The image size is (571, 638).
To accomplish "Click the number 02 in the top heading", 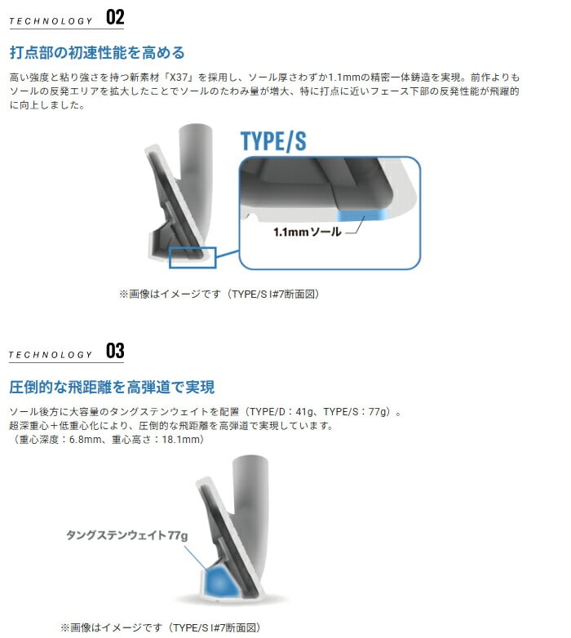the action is click(x=115, y=17).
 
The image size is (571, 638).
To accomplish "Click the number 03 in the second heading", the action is click(x=115, y=351).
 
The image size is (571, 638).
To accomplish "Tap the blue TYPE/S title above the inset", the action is click(x=273, y=141).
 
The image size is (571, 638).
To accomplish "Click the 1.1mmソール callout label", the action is click(x=307, y=232).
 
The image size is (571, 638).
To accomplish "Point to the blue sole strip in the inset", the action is click(x=363, y=215).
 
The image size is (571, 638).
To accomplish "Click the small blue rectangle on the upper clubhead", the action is click(x=193, y=258).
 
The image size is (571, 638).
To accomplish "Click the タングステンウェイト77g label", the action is click(x=127, y=534).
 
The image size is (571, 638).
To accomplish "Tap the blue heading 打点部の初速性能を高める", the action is click(x=97, y=53).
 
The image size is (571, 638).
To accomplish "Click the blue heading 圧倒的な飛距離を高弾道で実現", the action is click(x=112, y=387).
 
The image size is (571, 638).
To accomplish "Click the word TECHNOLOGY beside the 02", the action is click(x=51, y=21).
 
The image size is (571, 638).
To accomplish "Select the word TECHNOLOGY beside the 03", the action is click(x=51, y=355).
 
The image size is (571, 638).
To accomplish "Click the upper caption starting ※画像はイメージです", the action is click(x=219, y=295).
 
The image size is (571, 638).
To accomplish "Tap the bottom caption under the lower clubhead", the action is click(x=161, y=627).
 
